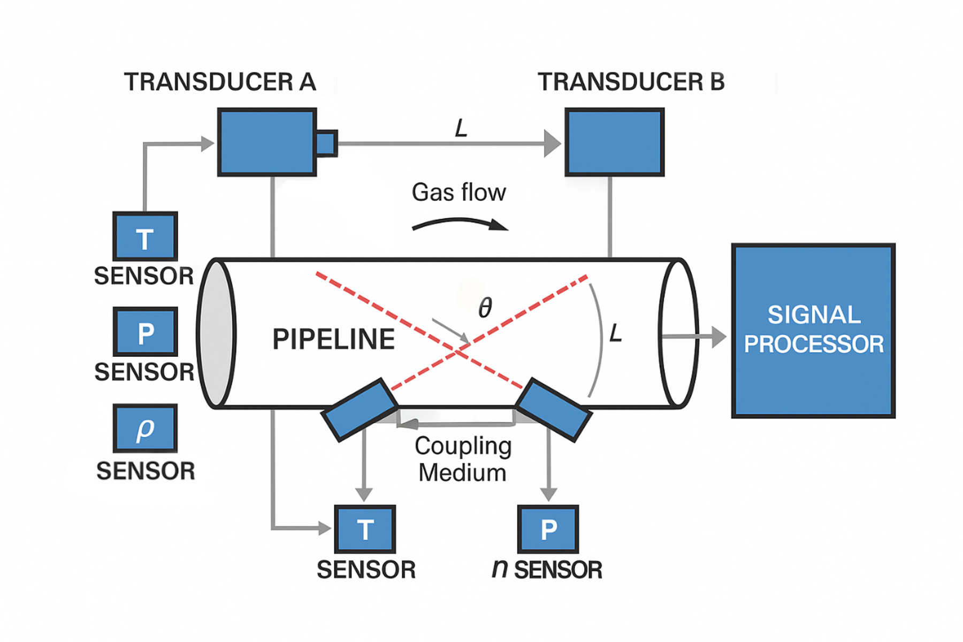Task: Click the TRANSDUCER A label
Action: pyautogui.click(x=220, y=82)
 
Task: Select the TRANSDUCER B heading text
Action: pyautogui.click(x=631, y=82)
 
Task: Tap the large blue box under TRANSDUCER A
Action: pyautogui.click(x=267, y=142)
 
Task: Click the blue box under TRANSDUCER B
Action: pyautogui.click(x=615, y=142)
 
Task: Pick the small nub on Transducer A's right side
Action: pyautogui.click(x=326, y=143)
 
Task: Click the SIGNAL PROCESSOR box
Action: pyautogui.click(x=813, y=331)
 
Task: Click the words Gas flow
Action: pyautogui.click(x=458, y=192)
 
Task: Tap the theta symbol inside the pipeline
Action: pyautogui.click(x=485, y=308)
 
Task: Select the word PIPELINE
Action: pyautogui.click(x=334, y=339)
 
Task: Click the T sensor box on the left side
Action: pyautogui.click(x=145, y=236)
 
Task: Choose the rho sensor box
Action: pyautogui.click(x=145, y=429)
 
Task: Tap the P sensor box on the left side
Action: pyautogui.click(x=145, y=332)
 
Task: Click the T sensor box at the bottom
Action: pyautogui.click(x=365, y=529)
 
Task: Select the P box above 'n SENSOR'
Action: pyautogui.click(x=548, y=529)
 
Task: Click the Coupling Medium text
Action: pyautogui.click(x=463, y=459)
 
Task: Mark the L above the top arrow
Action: pyautogui.click(x=461, y=128)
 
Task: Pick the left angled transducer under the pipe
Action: pyautogui.click(x=360, y=410)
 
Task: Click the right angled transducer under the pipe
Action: pyautogui.click(x=554, y=410)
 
